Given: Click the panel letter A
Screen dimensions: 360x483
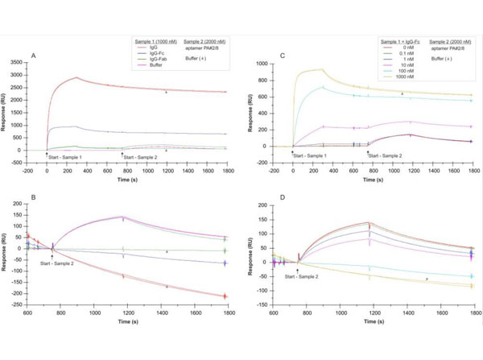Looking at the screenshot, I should click(x=34, y=55).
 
